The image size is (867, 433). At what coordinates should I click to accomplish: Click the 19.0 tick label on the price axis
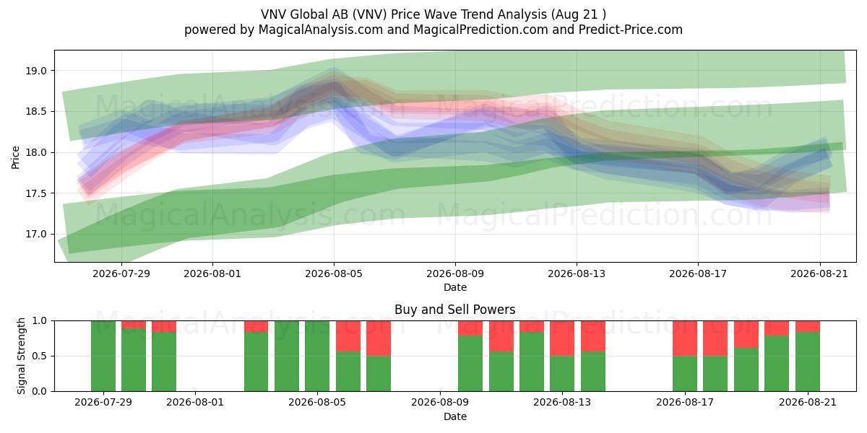coord(36,71)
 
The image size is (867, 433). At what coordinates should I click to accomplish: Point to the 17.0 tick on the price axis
coord(36,235)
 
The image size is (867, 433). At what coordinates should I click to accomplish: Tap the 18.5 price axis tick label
coord(36,112)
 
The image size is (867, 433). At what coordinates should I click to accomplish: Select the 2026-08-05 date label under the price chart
coord(334,274)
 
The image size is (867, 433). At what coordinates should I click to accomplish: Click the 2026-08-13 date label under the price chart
coord(577,274)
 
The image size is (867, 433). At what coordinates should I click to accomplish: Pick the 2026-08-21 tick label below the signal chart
coord(808,402)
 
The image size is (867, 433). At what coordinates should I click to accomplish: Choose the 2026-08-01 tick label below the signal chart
coord(195,402)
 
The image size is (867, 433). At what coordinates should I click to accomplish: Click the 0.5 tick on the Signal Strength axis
coord(40,356)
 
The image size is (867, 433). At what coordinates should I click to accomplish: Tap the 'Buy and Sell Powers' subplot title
coord(454,310)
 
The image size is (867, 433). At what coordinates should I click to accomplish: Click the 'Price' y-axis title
coord(15,157)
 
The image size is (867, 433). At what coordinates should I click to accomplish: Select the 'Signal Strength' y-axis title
coord(21,356)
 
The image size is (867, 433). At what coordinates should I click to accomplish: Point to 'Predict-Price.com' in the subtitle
coord(631,30)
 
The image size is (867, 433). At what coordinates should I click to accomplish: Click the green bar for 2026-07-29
coord(103,356)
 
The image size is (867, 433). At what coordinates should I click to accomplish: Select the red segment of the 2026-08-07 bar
coord(379,338)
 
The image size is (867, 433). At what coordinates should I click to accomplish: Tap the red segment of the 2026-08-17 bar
coord(685,338)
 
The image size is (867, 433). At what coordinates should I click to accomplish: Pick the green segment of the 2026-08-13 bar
coord(562,374)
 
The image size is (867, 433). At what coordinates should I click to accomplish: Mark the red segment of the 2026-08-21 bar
coord(808,326)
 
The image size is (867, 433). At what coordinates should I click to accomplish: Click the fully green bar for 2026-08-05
coord(317,356)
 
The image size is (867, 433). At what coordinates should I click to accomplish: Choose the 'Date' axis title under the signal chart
coord(454,416)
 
